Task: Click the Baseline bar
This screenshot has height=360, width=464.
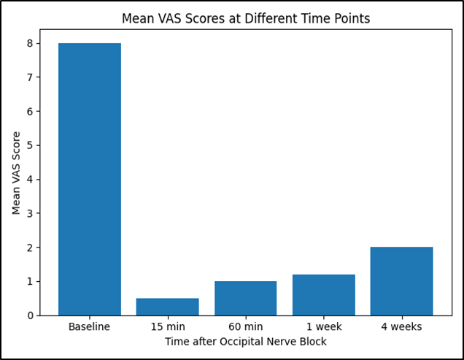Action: pyautogui.click(x=90, y=179)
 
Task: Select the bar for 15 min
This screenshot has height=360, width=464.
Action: pyautogui.click(x=168, y=307)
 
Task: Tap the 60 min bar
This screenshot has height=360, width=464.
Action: pyautogui.click(x=246, y=299)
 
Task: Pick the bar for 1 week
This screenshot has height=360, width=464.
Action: pyautogui.click(x=324, y=295)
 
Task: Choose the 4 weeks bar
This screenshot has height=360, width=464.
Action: pyautogui.click(x=401, y=281)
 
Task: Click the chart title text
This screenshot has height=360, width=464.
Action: pyautogui.click(x=246, y=18)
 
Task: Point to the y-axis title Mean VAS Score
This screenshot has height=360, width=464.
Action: pyautogui.click(x=16, y=173)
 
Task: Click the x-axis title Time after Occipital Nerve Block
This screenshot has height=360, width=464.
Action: pyautogui.click(x=246, y=341)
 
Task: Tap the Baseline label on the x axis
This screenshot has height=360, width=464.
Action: pyautogui.click(x=89, y=326)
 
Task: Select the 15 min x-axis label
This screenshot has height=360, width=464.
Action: pyautogui.click(x=168, y=326)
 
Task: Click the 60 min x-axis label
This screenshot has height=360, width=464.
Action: pyautogui.click(x=246, y=326)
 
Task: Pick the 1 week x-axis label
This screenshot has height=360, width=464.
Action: pyautogui.click(x=324, y=326)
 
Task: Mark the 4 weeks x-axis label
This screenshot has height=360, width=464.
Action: pyautogui.click(x=401, y=326)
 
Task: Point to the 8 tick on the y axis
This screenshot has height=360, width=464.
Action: pyautogui.click(x=31, y=44)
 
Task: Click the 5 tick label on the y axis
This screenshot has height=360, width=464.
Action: pyautogui.click(x=31, y=145)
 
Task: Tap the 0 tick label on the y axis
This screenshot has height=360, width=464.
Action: pyautogui.click(x=31, y=315)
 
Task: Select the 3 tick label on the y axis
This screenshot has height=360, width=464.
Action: pyautogui.click(x=31, y=213)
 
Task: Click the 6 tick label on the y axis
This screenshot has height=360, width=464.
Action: pyautogui.click(x=31, y=112)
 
